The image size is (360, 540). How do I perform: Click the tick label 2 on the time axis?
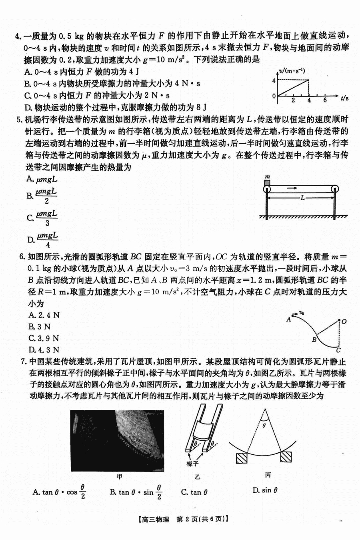[x=293, y=100]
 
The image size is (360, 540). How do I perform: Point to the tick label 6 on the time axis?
[x=325, y=100]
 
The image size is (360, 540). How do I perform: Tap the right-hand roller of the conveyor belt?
[x=334, y=189]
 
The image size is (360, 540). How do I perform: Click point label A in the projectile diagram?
[x=288, y=319]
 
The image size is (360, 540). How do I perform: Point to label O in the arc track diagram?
[x=344, y=321]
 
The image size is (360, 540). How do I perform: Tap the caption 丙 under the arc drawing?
[x=268, y=475]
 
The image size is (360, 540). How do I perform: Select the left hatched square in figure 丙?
[x=242, y=457]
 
